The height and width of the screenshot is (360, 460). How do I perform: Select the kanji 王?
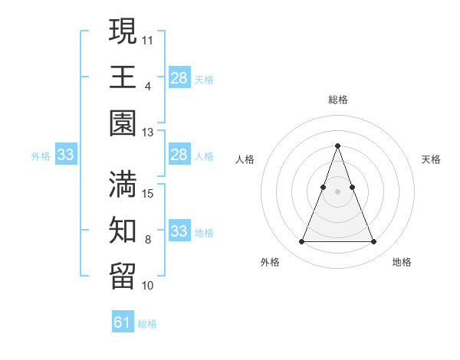123,77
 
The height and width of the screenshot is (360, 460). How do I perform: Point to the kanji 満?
123,185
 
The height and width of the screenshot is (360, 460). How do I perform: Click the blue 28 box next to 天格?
179,78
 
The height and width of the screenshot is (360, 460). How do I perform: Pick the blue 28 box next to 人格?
179,155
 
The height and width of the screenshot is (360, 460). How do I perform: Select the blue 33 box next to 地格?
179,231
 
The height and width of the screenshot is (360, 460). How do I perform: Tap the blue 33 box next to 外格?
65,155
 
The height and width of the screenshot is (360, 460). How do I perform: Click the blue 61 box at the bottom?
123,322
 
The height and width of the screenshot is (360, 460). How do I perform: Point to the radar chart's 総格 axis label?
337,100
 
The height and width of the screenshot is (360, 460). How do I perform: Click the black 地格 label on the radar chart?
402,262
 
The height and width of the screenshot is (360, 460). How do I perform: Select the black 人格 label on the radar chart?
245,159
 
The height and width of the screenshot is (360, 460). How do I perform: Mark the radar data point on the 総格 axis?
337,146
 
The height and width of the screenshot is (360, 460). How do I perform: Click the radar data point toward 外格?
301,242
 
